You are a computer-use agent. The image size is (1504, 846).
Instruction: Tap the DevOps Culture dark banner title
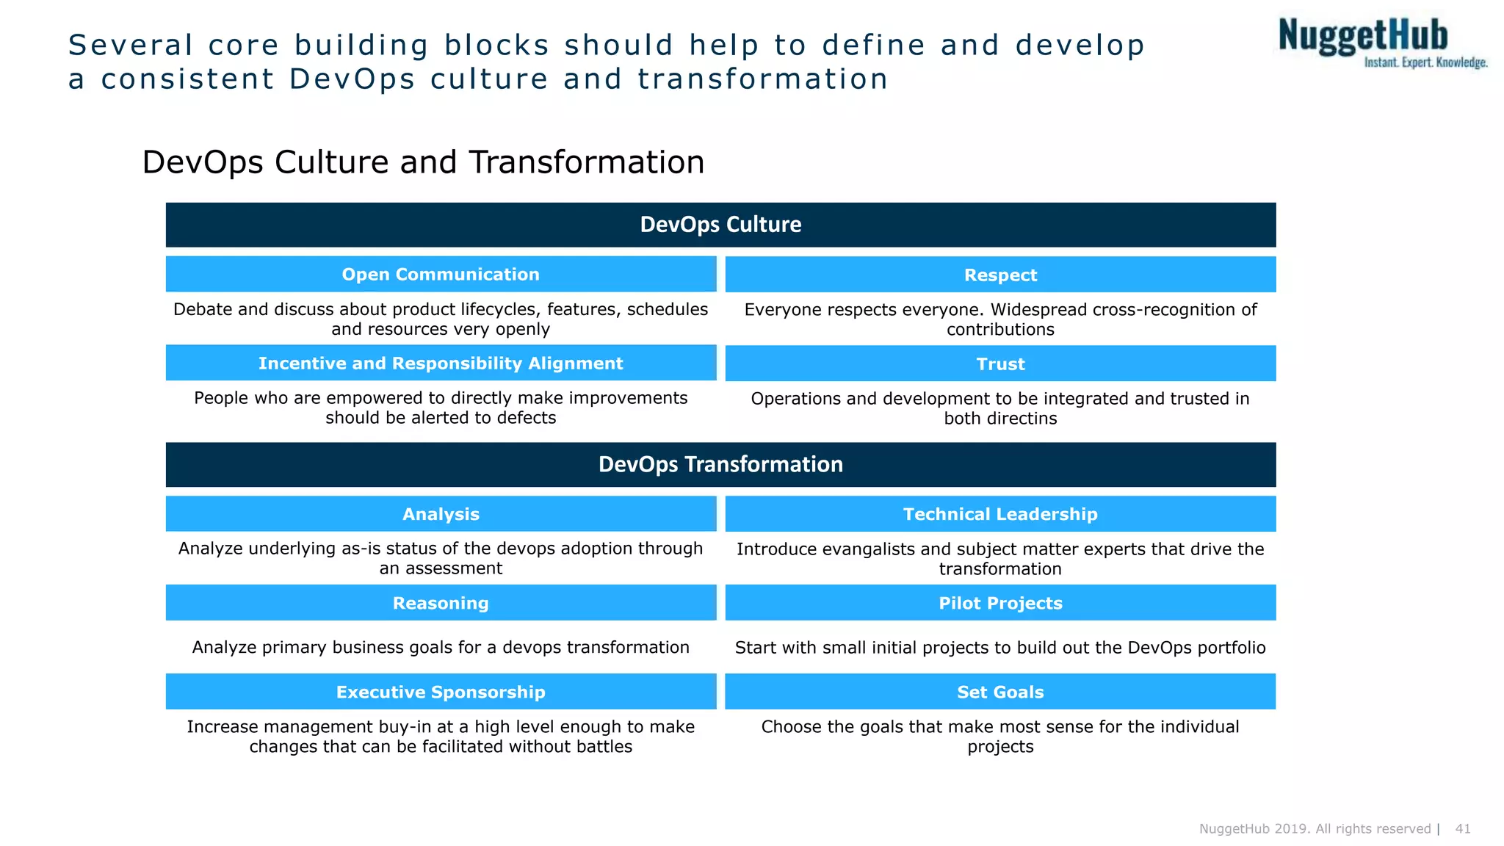(x=720, y=225)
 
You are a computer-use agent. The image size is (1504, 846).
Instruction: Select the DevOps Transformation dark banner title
(x=720, y=465)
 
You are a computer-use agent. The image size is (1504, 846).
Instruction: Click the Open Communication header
(x=441, y=275)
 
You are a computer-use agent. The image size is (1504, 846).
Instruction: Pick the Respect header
(x=1000, y=275)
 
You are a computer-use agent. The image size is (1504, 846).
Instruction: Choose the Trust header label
(x=1000, y=364)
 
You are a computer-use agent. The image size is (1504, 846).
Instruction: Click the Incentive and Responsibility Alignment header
(x=441, y=364)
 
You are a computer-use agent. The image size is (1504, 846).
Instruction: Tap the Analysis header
(x=441, y=515)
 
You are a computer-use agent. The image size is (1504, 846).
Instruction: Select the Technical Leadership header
(x=1000, y=515)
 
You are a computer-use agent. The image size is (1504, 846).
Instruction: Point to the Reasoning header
(x=441, y=604)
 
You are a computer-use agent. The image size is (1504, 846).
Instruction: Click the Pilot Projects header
(x=1000, y=604)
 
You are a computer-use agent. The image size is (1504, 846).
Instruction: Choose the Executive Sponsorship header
(x=441, y=693)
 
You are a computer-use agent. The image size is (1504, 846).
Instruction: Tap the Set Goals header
(x=1000, y=693)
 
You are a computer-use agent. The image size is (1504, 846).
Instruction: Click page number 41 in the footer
(x=1463, y=829)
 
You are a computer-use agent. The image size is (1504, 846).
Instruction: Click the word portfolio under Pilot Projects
(x=1231, y=648)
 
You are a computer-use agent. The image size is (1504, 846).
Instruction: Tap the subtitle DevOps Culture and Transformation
(x=423, y=162)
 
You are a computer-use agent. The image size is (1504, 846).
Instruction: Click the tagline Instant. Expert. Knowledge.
(x=1425, y=62)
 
